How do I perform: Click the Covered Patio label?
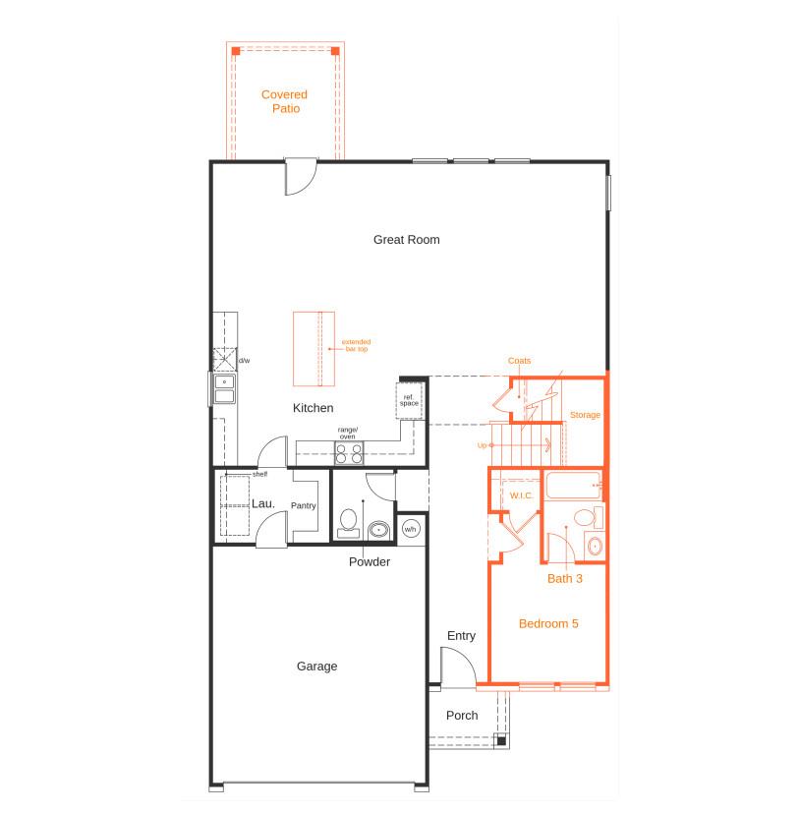click(x=284, y=101)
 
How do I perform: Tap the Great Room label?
click(x=406, y=239)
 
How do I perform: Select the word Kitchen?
click(x=313, y=407)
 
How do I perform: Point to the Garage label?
click(x=316, y=666)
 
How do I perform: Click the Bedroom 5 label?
click(x=548, y=623)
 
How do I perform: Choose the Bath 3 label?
click(x=565, y=579)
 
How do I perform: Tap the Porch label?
click(x=462, y=715)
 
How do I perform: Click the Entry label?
click(x=461, y=635)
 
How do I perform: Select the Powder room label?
click(x=370, y=562)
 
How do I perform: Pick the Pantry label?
click(x=303, y=505)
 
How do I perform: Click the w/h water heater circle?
click(x=411, y=529)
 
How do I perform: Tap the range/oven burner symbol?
click(x=349, y=453)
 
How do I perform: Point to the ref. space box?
click(x=409, y=400)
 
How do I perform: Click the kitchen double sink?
click(x=224, y=389)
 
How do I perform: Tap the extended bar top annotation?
click(x=355, y=345)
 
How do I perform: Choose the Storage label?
click(x=585, y=415)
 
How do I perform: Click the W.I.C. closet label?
click(x=520, y=494)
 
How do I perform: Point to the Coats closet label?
click(x=519, y=361)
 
